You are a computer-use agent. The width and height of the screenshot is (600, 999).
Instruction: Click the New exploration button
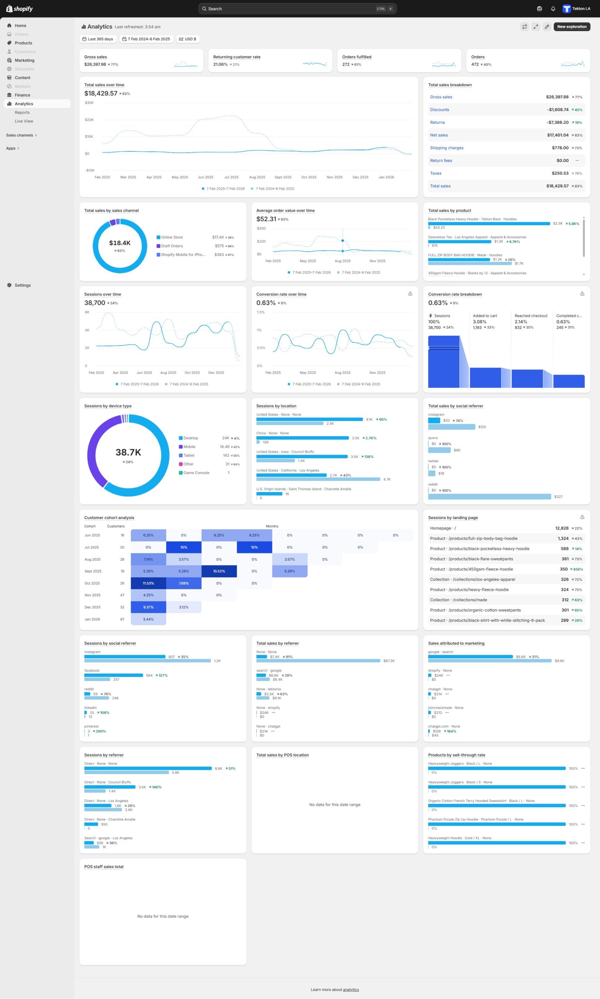(x=571, y=27)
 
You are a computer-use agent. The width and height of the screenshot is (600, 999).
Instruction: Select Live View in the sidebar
(x=24, y=121)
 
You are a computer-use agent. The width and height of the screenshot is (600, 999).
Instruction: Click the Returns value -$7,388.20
(x=557, y=123)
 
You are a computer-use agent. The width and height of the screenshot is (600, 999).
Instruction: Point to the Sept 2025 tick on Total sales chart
(x=282, y=177)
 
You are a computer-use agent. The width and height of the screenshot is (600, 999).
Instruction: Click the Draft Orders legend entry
(x=172, y=246)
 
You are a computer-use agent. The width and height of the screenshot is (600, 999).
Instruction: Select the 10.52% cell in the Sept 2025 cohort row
(x=219, y=571)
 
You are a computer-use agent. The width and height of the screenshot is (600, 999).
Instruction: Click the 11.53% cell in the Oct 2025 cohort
(x=148, y=583)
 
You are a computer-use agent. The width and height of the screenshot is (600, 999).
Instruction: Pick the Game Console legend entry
(x=196, y=473)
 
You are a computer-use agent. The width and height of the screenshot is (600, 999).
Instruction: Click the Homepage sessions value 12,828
(x=562, y=528)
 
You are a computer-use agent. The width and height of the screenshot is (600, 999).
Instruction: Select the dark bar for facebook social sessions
(x=113, y=675)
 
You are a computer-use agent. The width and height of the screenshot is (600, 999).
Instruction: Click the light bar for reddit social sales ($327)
(x=489, y=496)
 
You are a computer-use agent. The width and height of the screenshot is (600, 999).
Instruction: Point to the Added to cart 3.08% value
(x=479, y=322)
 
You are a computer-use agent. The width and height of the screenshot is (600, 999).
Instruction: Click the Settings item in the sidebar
(x=23, y=285)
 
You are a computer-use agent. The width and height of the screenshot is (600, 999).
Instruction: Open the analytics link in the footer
(x=351, y=990)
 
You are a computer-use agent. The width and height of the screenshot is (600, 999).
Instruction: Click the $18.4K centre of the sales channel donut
(x=120, y=243)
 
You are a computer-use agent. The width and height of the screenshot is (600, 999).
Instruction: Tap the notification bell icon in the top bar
(x=553, y=9)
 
